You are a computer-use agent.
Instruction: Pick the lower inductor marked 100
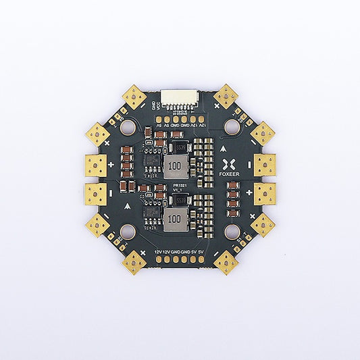click(174, 217)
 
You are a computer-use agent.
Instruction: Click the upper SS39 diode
click(179, 148)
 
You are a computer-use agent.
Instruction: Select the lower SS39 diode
click(178, 199)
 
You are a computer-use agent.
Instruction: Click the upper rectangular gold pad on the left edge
click(97, 164)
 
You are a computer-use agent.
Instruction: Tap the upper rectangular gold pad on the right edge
click(263, 164)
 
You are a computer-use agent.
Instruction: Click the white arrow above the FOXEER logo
click(224, 146)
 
